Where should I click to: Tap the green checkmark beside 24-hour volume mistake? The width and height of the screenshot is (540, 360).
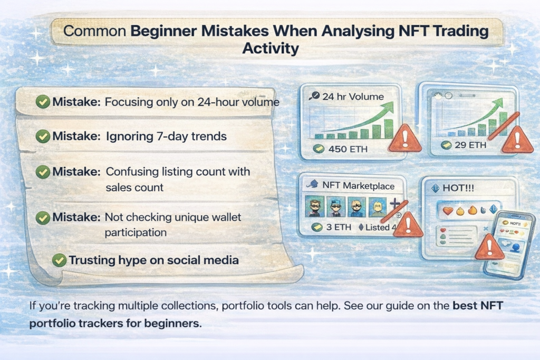[43, 102]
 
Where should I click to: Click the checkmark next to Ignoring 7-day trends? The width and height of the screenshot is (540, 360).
[43, 137]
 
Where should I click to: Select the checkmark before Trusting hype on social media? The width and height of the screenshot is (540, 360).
[60, 260]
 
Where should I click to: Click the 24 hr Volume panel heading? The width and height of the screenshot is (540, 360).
[353, 96]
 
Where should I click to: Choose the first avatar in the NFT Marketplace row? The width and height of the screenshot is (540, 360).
[315, 207]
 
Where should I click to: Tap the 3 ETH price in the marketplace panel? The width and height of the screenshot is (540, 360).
[332, 228]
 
